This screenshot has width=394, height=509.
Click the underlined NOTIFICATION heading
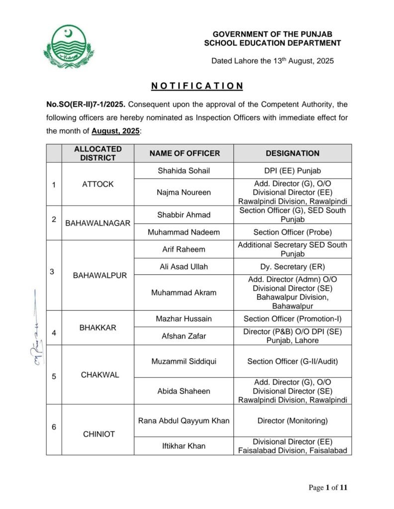click(197, 86)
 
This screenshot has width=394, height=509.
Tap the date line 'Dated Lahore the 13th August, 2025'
click(272, 61)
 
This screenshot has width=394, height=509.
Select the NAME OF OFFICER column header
click(184, 154)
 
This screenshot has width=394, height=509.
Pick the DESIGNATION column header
click(293, 154)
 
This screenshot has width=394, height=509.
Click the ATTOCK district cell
click(98, 184)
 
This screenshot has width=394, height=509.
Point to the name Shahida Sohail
click(184, 170)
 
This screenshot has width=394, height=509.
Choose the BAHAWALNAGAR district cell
click(98, 223)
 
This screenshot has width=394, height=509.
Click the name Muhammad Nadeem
click(184, 232)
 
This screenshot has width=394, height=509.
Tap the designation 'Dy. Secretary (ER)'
click(293, 266)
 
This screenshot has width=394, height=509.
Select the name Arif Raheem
click(184, 249)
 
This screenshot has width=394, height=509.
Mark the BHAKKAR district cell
click(98, 328)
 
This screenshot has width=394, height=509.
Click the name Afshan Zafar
click(184, 336)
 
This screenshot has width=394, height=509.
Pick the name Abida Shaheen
click(184, 391)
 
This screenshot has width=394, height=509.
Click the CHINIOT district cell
click(98, 434)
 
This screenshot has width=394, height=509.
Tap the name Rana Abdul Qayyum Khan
click(184, 421)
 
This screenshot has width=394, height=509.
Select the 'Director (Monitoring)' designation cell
click(293, 421)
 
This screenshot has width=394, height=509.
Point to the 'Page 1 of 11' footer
click(328, 488)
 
